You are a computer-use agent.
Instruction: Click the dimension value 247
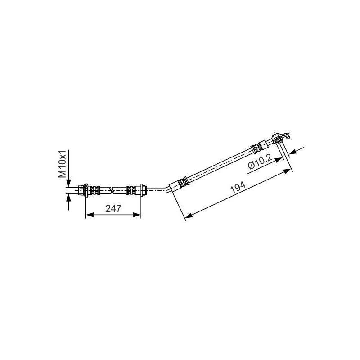[x=113, y=208]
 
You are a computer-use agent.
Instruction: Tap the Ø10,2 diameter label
[x=260, y=162]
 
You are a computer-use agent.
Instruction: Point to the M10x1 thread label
[x=62, y=164]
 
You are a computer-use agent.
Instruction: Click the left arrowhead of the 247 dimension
[x=90, y=215]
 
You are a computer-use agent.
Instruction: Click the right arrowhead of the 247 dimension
[x=137, y=215]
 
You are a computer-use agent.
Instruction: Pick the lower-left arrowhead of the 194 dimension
[x=189, y=216]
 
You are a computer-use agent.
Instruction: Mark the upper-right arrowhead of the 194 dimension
[x=288, y=171]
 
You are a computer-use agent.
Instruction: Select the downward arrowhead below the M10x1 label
[x=68, y=183]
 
